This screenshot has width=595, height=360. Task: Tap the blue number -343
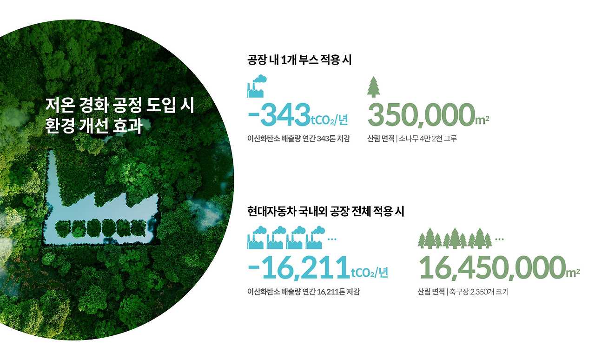point(279,115)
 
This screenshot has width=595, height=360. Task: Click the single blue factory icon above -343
point(256,86)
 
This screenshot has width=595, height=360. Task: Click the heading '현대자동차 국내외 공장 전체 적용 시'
point(326,212)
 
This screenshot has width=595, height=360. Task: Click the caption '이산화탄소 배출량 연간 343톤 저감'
point(298,139)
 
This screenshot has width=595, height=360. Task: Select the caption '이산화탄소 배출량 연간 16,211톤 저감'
point(304,292)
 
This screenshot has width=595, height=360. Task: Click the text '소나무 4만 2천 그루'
point(428,139)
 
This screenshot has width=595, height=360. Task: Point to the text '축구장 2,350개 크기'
point(479,292)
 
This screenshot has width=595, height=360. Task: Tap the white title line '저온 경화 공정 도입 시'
point(119,105)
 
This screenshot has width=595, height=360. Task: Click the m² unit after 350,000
point(482,120)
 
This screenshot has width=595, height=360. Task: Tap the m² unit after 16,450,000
point(573,273)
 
